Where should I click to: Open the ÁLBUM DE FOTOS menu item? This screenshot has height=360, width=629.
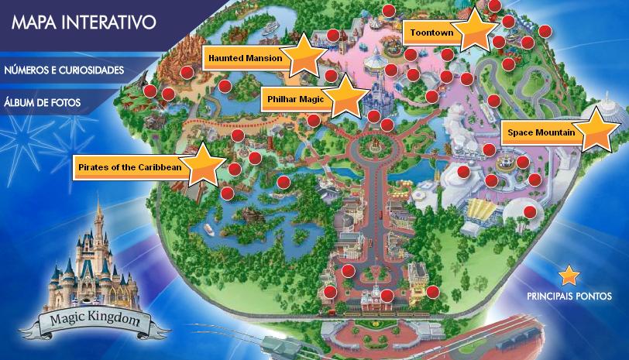click(43, 101)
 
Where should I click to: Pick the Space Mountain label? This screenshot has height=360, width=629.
click(541, 133)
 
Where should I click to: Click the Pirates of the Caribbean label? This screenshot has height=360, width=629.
click(130, 166)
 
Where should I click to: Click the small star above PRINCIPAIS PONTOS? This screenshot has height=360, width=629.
click(569, 275)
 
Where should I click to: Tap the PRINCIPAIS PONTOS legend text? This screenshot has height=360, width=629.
click(569, 297)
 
